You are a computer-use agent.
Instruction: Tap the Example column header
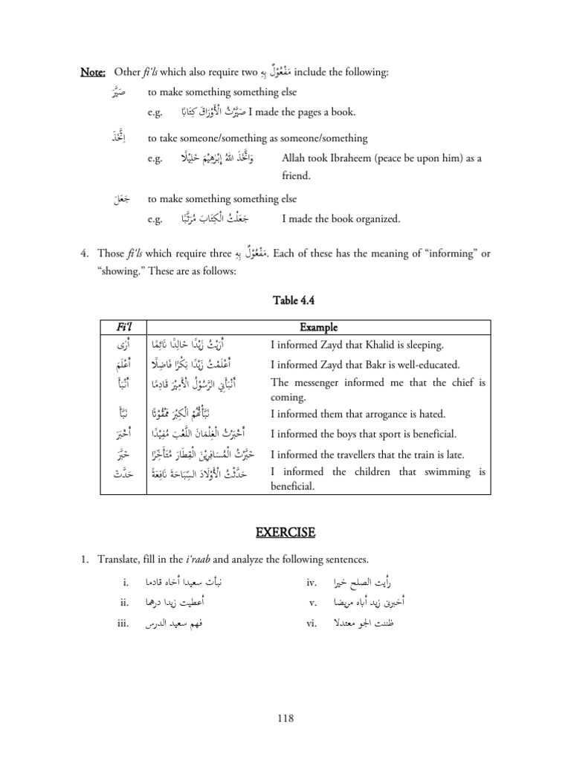pos(317,328)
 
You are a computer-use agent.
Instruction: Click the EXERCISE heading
pos(285,533)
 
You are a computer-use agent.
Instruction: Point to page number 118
pos(285,718)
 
